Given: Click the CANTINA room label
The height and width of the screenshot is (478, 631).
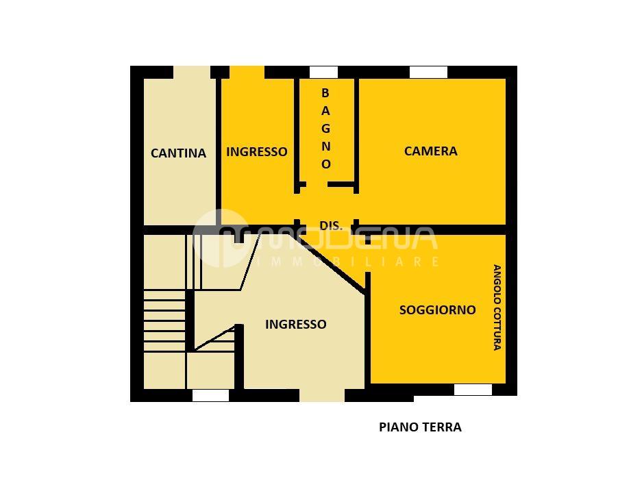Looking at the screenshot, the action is [178, 153].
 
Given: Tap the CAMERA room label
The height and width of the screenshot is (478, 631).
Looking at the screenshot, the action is [430, 151].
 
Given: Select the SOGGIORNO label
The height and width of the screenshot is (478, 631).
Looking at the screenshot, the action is [437, 310].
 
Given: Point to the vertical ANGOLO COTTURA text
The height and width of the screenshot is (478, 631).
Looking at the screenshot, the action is [497, 307].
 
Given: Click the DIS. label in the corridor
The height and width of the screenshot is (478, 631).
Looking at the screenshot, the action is [331, 226].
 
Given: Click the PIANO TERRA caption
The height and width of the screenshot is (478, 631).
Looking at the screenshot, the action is [420, 427].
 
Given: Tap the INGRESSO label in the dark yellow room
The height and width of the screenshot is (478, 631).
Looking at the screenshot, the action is [257, 152].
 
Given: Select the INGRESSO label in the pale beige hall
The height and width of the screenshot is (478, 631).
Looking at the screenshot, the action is [296, 325].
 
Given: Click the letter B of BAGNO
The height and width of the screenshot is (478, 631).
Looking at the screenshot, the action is [325, 93].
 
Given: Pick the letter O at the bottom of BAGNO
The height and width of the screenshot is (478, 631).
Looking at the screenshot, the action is [325, 164].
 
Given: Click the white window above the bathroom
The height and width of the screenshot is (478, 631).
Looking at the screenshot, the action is [323, 73].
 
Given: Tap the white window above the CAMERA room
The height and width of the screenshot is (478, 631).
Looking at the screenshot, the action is [429, 73].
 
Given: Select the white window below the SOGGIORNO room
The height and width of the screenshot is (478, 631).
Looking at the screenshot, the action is [473, 390].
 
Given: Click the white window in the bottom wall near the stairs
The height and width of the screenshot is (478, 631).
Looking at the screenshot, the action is [210, 396].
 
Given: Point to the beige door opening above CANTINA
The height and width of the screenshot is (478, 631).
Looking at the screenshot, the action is [192, 73].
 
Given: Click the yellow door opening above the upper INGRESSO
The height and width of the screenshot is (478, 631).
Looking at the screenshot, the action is [247, 73].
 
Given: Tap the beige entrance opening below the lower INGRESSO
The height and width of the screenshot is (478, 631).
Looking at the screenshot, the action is [322, 396].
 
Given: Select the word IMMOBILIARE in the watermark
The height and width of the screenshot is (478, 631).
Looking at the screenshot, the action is [347, 262].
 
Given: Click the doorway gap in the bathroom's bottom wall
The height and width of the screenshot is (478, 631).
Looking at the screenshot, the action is [317, 185].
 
